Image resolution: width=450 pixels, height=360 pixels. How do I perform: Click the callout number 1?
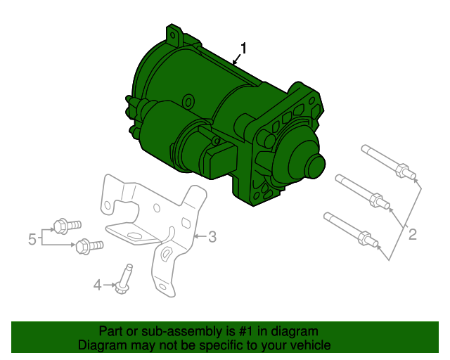tap(243, 48)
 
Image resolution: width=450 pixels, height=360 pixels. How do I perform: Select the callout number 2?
tap(413, 234)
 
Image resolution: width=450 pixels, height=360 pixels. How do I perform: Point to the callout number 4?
tap(98, 285)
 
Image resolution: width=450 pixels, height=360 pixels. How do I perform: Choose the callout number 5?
tap(32, 240)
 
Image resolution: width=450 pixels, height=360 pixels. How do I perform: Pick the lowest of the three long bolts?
tap(349, 230)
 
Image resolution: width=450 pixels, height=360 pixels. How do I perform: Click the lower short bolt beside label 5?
tap(89, 246)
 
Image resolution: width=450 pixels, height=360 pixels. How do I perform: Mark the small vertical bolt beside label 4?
tap(127, 277)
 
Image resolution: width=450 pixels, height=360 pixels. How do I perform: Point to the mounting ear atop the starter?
tap(173, 34)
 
